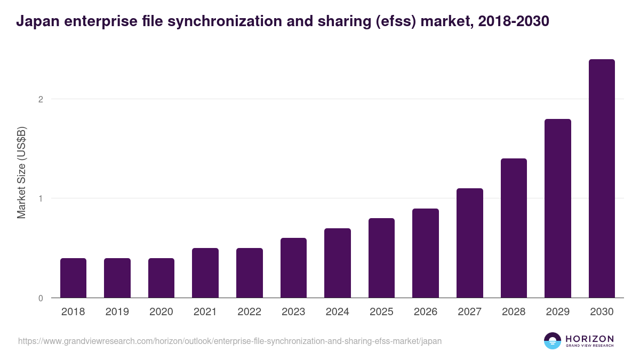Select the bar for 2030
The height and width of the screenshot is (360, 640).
coord(602,179)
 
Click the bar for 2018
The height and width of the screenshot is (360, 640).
coord(73,278)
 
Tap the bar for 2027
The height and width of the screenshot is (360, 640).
coord(470,243)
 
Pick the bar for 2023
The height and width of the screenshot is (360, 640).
coord(293,268)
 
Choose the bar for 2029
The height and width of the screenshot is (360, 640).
coord(558,209)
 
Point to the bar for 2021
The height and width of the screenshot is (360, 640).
coord(205,273)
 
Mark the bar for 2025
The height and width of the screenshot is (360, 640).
coord(381,258)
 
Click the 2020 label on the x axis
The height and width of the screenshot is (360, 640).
coord(161,312)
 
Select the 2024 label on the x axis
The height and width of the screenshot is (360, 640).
coord(338,312)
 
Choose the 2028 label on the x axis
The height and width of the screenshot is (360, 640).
coord(514,312)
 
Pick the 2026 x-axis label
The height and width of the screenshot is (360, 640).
coord(426,312)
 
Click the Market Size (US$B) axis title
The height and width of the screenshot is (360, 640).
coord(22,172)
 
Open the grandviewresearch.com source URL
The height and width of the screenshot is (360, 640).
coord(230,341)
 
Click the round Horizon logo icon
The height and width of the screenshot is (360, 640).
coord(553,341)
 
